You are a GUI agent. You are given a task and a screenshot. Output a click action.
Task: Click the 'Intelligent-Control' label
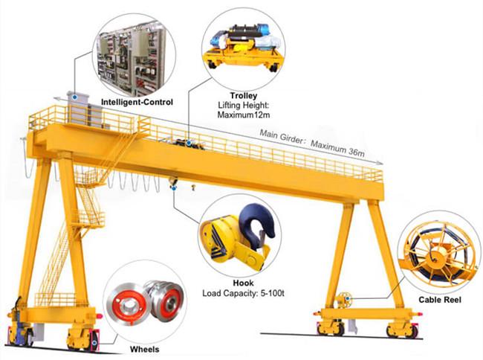pyautogui.click(x=137, y=102)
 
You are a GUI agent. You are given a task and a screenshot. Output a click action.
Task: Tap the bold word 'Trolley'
pyautogui.click(x=243, y=95)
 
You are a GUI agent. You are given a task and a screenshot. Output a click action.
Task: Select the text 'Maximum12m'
pyautogui.click(x=243, y=115)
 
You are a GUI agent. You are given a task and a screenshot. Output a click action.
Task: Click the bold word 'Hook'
pyautogui.click(x=243, y=283)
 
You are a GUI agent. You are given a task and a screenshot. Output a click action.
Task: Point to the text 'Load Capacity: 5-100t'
pyautogui.click(x=243, y=293)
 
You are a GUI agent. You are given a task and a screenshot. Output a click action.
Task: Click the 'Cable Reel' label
pyautogui.click(x=440, y=300)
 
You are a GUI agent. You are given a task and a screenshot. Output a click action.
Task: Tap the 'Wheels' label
pyautogui.click(x=144, y=349)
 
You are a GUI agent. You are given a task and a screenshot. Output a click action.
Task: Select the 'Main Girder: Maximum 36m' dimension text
pyautogui.click(x=312, y=143)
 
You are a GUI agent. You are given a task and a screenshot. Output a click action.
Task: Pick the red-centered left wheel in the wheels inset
pyautogui.click(x=127, y=301)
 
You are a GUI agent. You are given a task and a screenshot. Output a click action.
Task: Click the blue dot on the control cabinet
pyautogui.click(x=74, y=97)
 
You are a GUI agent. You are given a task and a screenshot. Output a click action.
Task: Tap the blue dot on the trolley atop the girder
pyautogui.click(x=189, y=143)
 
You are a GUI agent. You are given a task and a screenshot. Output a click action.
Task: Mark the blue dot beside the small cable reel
pyautogui.click(x=348, y=298)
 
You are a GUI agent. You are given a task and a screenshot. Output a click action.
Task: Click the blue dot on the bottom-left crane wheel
pyautogui.click(x=94, y=342)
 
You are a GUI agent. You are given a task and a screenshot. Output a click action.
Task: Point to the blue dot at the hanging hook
pyautogui.click(x=174, y=187)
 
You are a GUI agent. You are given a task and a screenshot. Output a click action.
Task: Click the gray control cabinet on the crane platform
pyautogui.click(x=78, y=109)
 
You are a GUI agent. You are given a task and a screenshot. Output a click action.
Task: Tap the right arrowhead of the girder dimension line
pyautogui.click(x=380, y=163)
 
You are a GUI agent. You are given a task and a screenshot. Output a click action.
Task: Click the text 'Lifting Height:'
pyautogui.click(x=243, y=106)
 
